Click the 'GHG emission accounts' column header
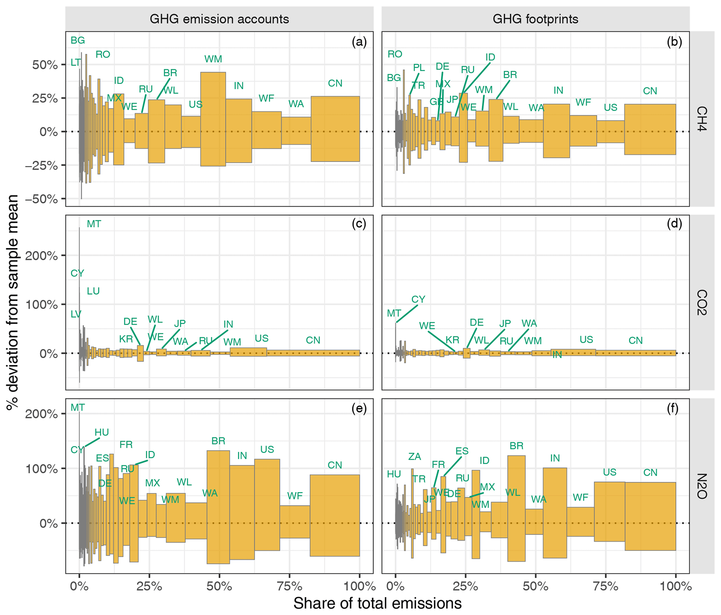point(219,19)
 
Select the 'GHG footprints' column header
point(535,19)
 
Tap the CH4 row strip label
point(701,119)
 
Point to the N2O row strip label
point(701,486)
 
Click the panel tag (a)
point(359,42)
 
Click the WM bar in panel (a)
point(213,119)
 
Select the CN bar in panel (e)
point(335,516)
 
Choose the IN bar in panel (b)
point(556,131)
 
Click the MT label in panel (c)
point(94,224)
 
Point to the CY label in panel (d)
point(418,299)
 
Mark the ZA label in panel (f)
point(415,456)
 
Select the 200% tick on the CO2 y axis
point(41,256)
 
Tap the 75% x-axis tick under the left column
point(289,586)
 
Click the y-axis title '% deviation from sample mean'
point(13,302)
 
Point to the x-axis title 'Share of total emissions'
point(377,603)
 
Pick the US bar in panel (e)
point(267,504)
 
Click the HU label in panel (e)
point(102,432)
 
